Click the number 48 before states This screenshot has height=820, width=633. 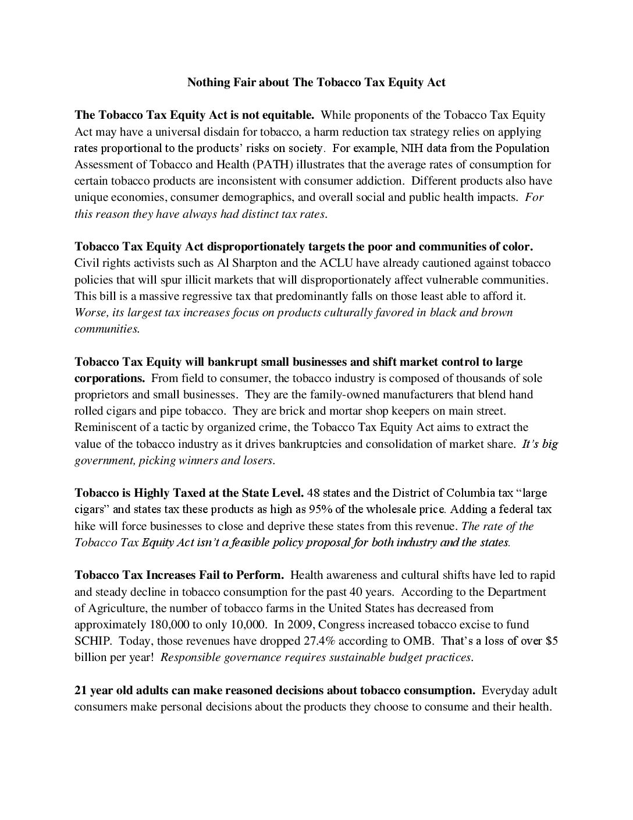313,493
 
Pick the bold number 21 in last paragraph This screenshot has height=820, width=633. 81,691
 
